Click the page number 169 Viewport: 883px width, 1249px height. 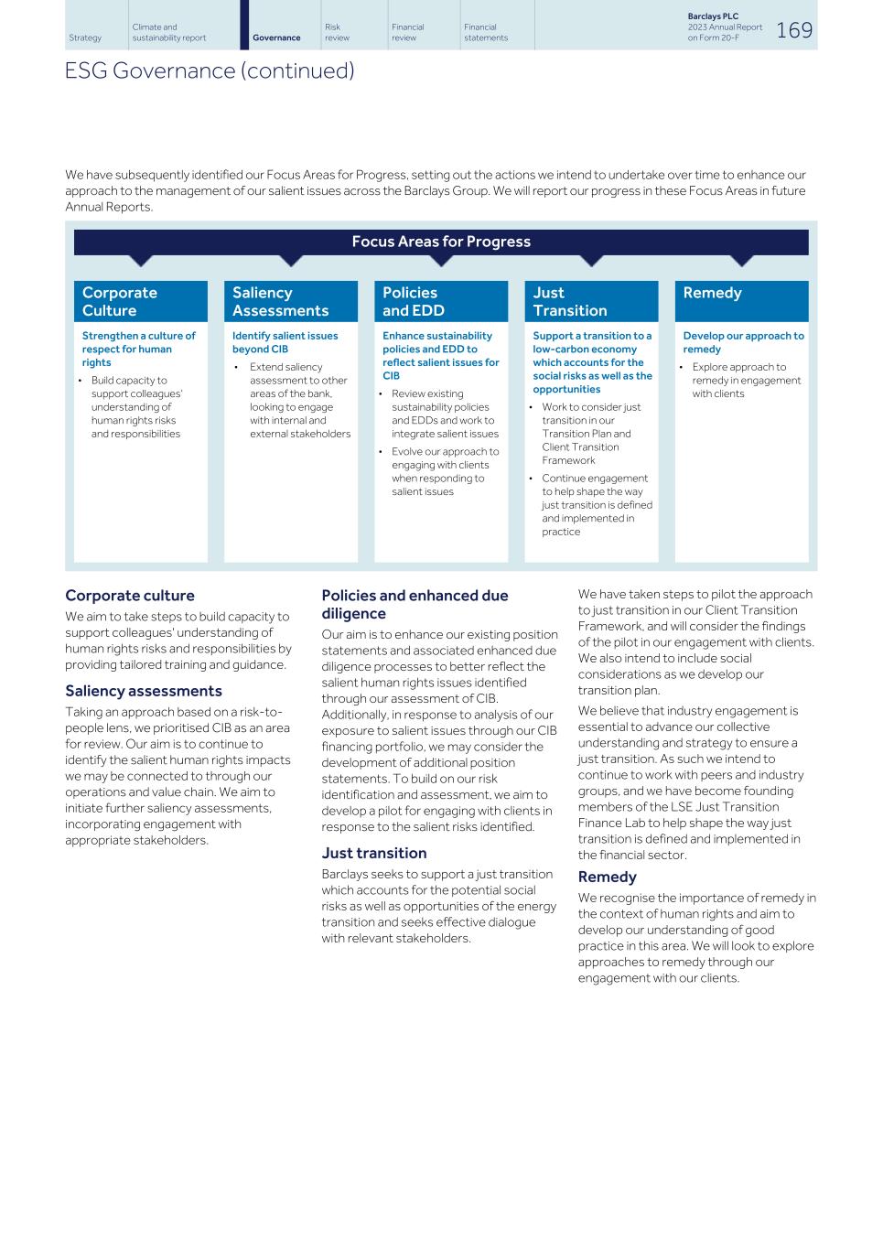794,30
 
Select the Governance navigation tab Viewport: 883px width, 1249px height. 276,38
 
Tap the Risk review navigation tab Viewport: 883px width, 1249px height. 337,33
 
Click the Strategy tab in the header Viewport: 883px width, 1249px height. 85,38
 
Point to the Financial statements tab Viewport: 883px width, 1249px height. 485,33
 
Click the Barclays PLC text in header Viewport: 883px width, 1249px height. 713,16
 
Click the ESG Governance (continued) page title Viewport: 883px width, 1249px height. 210,70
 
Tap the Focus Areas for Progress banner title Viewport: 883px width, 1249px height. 441,242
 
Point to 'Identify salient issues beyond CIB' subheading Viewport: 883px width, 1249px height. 285,342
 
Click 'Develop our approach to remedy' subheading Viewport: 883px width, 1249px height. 743,342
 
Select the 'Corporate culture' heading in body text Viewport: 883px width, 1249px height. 130,596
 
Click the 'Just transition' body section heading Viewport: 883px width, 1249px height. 373,853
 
